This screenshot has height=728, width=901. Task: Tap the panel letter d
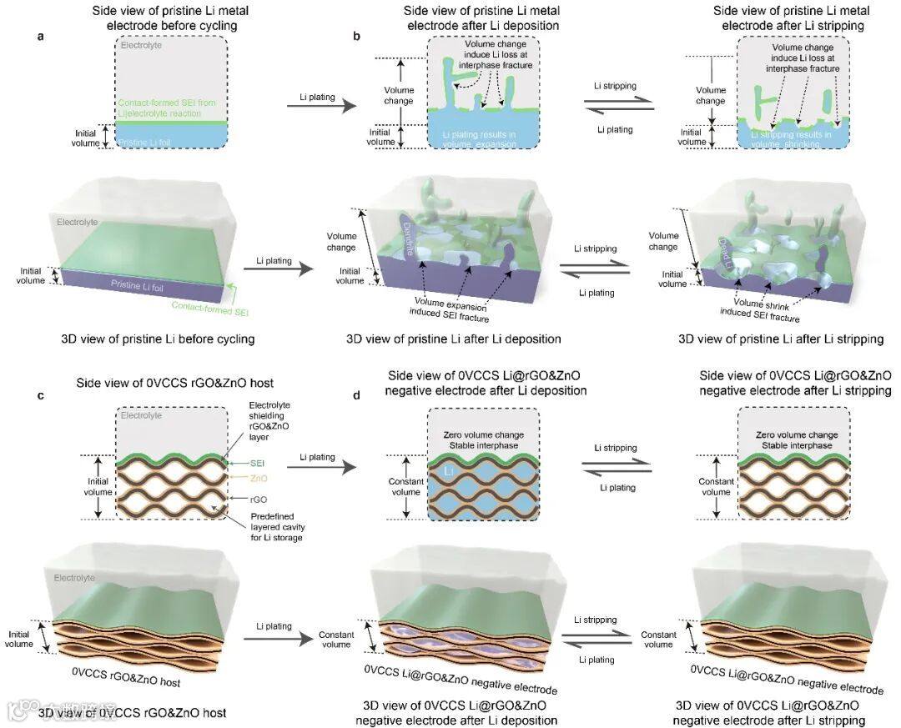click(357, 395)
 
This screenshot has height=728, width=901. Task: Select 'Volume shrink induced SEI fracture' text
click(767, 310)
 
